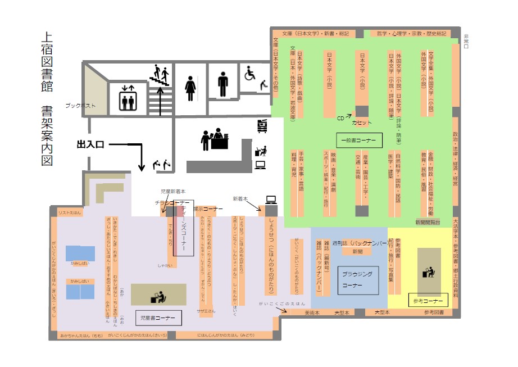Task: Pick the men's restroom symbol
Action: (x=224, y=84)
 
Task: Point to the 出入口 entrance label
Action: (x=90, y=144)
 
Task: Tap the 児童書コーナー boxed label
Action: (x=158, y=318)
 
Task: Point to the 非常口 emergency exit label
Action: (x=466, y=43)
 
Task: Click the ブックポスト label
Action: (x=80, y=106)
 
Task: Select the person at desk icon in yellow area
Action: (x=426, y=271)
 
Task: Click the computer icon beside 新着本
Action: (x=270, y=200)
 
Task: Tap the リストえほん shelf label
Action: (x=66, y=212)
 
